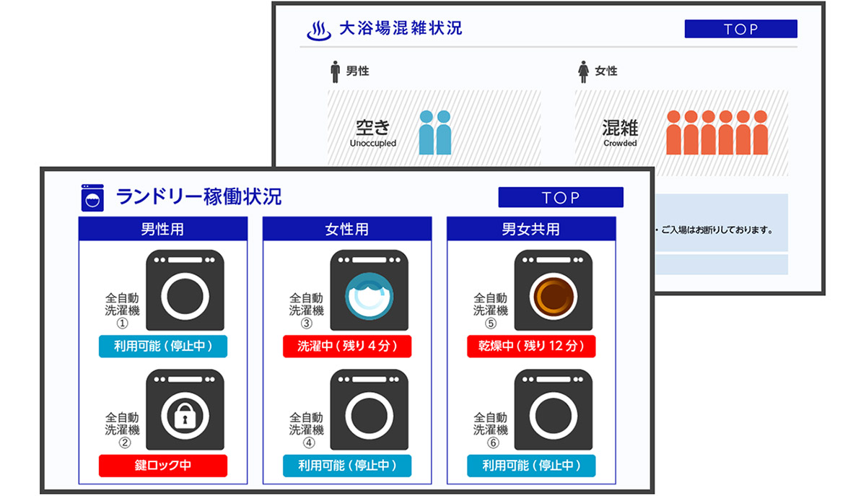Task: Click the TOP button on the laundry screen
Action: (560, 197)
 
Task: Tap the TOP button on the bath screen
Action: (740, 29)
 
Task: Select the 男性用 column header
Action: (162, 230)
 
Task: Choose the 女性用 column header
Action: (346, 230)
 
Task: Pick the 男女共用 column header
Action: (530, 230)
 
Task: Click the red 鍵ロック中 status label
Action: (162, 466)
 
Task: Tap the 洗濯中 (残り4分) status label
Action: (347, 347)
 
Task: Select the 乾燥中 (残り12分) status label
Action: (531, 347)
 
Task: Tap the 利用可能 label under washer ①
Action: (162, 347)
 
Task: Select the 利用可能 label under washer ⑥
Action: (531, 466)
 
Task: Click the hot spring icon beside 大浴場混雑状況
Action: (319, 30)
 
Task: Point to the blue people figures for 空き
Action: (434, 132)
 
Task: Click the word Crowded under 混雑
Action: (620, 143)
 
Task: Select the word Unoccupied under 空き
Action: (373, 143)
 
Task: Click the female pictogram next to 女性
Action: (583, 71)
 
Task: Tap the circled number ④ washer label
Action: (307, 442)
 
